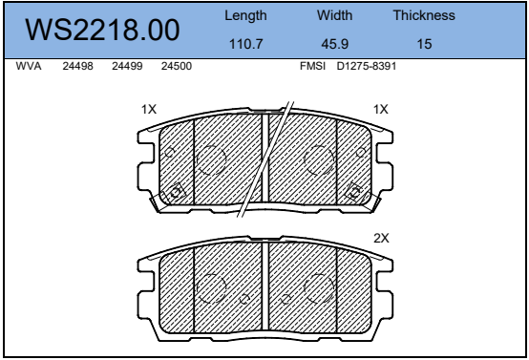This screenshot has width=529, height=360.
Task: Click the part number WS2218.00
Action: tap(102, 30)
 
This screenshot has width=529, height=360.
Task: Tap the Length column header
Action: tap(245, 16)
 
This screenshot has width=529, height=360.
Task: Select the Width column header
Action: tap(334, 15)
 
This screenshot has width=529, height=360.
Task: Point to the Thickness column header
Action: tap(424, 15)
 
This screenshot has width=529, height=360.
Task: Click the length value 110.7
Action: tap(245, 44)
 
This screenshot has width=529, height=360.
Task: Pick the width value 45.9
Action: tap(334, 44)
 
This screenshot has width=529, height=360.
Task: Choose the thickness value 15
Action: tap(424, 44)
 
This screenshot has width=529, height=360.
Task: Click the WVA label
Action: tap(29, 66)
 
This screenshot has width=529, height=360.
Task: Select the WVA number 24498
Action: tap(77, 66)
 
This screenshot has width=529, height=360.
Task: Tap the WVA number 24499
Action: tap(127, 66)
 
